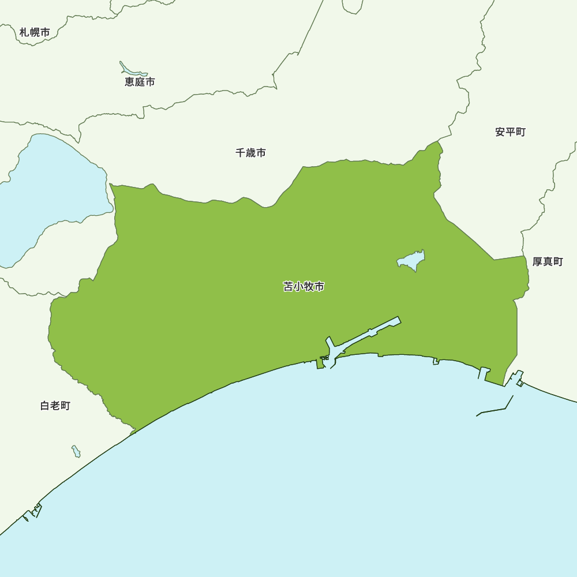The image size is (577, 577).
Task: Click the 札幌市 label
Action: pos(35,32)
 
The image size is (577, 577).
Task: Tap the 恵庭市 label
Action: pos(140,82)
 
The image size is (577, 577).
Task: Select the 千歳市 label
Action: pos(250,153)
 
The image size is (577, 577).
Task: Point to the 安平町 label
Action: pos(510,132)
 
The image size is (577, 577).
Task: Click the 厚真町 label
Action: pos(547,262)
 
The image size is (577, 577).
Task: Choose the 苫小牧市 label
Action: pos(304,286)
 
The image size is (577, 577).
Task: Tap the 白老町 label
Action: pos(55,406)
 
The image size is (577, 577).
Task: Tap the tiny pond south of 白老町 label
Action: pos(76,451)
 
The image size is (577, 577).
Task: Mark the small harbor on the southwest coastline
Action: pos(33,512)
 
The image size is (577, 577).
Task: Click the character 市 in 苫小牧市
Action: pos(319,286)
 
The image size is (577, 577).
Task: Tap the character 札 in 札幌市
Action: pos(24,32)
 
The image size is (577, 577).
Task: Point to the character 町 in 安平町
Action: pos(520,132)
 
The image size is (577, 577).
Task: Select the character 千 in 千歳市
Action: pos(240,153)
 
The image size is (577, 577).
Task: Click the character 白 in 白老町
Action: pos(45,406)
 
